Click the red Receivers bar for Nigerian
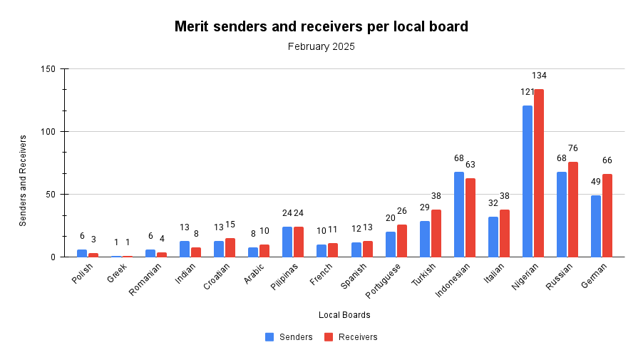(x=539, y=173)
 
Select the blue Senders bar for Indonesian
(x=459, y=215)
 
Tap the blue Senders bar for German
(x=596, y=226)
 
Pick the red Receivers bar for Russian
(x=573, y=210)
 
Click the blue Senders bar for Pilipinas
(x=287, y=242)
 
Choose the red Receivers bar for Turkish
(x=436, y=233)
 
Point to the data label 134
(x=539, y=76)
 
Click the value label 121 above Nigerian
(x=528, y=92)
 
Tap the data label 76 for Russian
(x=573, y=148)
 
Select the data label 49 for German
(x=596, y=182)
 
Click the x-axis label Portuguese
(x=383, y=281)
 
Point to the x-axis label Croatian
(x=217, y=277)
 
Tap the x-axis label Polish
(x=82, y=273)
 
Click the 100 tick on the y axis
(x=48, y=132)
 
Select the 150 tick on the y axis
(x=48, y=69)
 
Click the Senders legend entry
(x=289, y=337)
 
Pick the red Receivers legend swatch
(x=329, y=337)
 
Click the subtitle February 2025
(x=321, y=46)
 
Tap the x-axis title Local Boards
(x=344, y=315)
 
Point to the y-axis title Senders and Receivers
(x=23, y=181)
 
